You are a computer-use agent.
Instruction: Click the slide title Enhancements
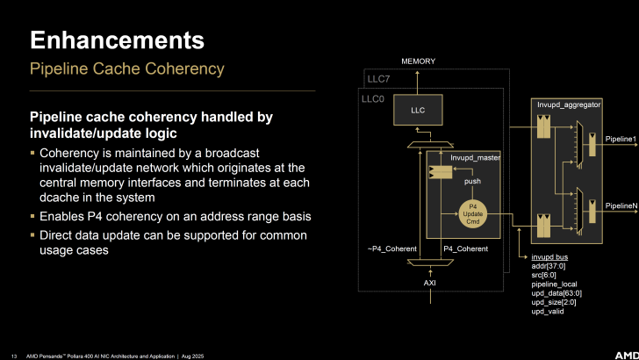(x=118, y=40)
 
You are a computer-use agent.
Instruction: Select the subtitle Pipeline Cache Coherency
(x=126, y=68)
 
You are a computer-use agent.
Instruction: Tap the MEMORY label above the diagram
(x=418, y=61)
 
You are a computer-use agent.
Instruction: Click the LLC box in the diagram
(x=418, y=110)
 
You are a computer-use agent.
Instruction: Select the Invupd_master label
(x=475, y=158)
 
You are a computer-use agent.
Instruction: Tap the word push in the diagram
(x=472, y=182)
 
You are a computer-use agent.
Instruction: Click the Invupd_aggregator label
(x=570, y=105)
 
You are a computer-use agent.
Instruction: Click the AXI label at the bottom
(x=430, y=284)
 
